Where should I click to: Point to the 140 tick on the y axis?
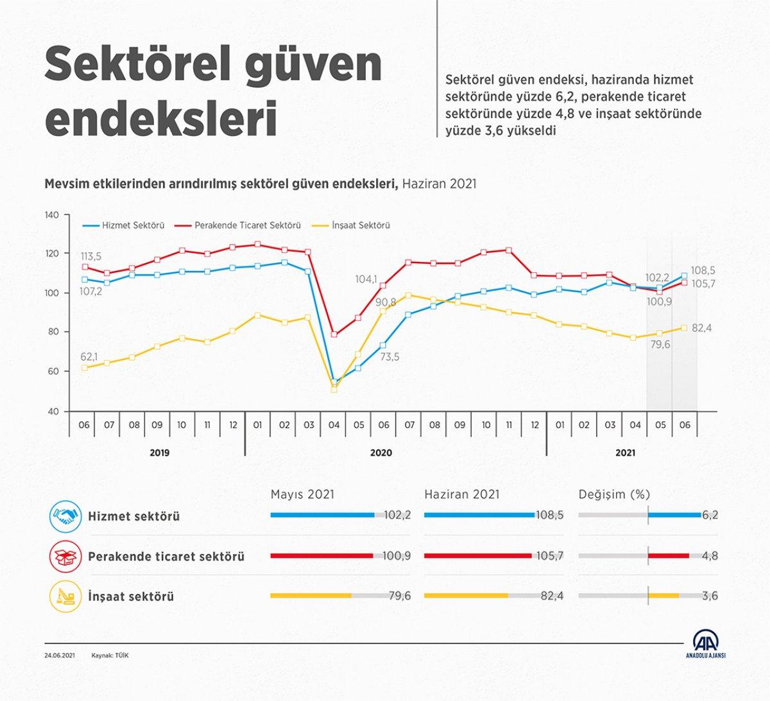(x=52, y=215)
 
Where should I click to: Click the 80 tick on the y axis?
(x=52, y=332)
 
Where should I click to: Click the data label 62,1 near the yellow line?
(x=89, y=356)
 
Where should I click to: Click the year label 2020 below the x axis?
(x=381, y=453)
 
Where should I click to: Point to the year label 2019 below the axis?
(x=160, y=453)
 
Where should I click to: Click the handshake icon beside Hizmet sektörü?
(x=65, y=516)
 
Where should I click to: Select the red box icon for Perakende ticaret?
(x=65, y=556)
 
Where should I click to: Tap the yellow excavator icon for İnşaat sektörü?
(x=65, y=596)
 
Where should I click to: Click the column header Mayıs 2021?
(x=302, y=494)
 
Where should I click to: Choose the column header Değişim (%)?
(x=614, y=494)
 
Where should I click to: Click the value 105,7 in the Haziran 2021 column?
(x=549, y=556)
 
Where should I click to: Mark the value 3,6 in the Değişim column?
(x=710, y=596)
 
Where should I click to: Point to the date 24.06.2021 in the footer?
(x=60, y=655)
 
